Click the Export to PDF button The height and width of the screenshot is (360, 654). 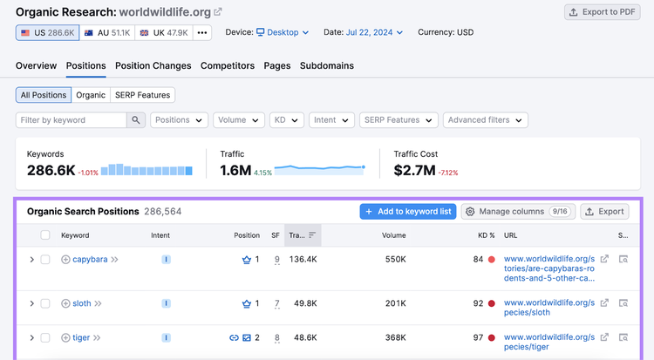pyautogui.click(x=602, y=12)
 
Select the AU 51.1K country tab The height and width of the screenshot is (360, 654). pyautogui.click(x=107, y=32)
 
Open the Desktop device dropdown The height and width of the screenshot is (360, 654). pyautogui.click(x=283, y=32)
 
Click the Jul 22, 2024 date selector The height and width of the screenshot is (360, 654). pyautogui.click(x=374, y=32)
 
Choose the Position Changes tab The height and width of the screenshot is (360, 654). pyautogui.click(x=153, y=66)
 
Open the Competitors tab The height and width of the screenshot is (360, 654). pyautogui.click(x=228, y=66)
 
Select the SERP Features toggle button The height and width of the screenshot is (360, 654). pyautogui.click(x=143, y=95)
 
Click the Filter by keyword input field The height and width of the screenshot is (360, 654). pyautogui.click(x=72, y=120)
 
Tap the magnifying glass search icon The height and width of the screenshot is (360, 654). pyautogui.click(x=136, y=120)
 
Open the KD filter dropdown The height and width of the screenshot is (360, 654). pyautogui.click(x=287, y=120)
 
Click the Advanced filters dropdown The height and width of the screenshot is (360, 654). pyautogui.click(x=486, y=120)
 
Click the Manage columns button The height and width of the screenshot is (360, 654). pyautogui.click(x=518, y=212)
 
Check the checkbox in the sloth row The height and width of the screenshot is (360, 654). pyautogui.click(x=45, y=303)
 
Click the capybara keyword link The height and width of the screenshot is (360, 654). pyautogui.click(x=90, y=260)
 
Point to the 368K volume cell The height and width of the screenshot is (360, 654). pyautogui.click(x=395, y=337)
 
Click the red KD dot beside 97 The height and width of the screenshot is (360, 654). pyautogui.click(x=491, y=337)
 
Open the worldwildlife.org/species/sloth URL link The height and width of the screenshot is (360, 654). pyautogui.click(x=548, y=308)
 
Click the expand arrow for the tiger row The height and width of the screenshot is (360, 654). pyautogui.click(x=31, y=337)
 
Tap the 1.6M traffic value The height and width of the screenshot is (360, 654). pyautogui.click(x=235, y=170)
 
